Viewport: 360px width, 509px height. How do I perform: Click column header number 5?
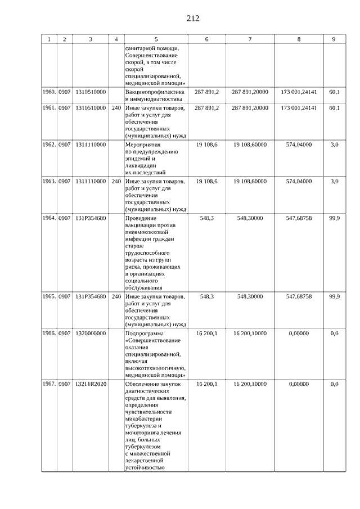tap(156, 39)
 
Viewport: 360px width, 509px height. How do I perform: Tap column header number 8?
tap(299, 39)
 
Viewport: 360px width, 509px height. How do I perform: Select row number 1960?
tap(49, 91)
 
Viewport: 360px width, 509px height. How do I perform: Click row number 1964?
tap(49, 218)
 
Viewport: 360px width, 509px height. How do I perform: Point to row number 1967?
tap(49, 384)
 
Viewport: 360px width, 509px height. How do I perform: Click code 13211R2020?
tap(91, 384)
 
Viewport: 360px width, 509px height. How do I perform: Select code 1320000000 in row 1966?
tap(91, 334)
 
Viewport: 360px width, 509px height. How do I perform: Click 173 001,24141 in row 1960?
tap(299, 91)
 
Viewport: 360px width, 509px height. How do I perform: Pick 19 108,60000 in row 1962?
tap(250, 145)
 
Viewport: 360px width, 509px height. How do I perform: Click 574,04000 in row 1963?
tap(299, 181)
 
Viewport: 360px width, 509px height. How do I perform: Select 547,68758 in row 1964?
tap(299, 218)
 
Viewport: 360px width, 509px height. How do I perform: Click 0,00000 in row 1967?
tap(299, 384)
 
